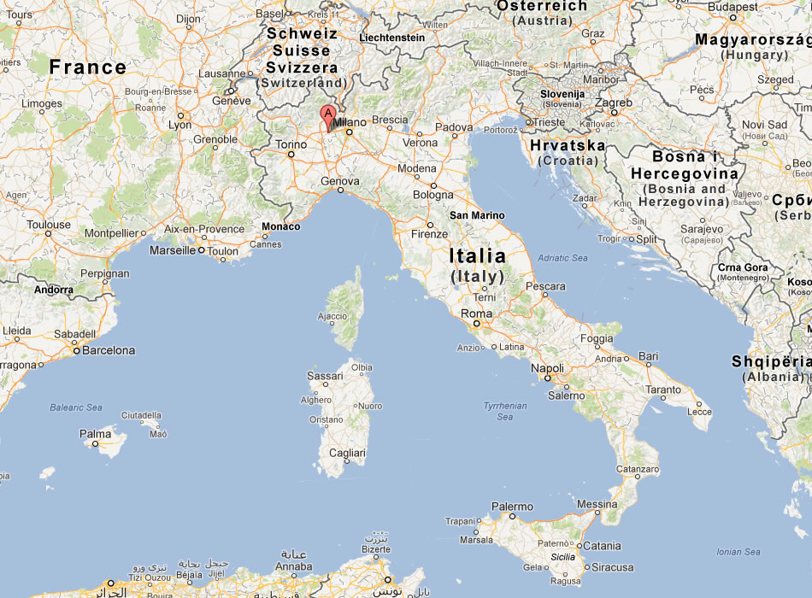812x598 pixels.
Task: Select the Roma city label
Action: click(x=476, y=314)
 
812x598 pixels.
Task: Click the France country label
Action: click(x=87, y=67)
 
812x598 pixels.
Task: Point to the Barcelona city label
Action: click(x=109, y=350)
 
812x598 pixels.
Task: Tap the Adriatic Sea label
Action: click(x=562, y=257)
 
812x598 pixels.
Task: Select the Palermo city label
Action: click(x=512, y=507)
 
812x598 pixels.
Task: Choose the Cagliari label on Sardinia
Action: click(x=347, y=453)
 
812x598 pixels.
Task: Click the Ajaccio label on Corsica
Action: click(x=332, y=316)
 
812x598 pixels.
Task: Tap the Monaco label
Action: click(x=280, y=226)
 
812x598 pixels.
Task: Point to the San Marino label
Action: click(x=477, y=215)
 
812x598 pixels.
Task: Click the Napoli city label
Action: click(x=547, y=367)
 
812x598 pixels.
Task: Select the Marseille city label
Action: click(x=172, y=251)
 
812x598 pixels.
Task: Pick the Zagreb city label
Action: click(x=613, y=103)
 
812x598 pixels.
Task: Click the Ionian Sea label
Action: click(x=739, y=552)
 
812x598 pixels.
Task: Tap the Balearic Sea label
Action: click(x=75, y=407)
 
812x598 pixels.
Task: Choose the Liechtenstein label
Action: click(x=392, y=38)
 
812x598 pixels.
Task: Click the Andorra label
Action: click(x=53, y=290)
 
